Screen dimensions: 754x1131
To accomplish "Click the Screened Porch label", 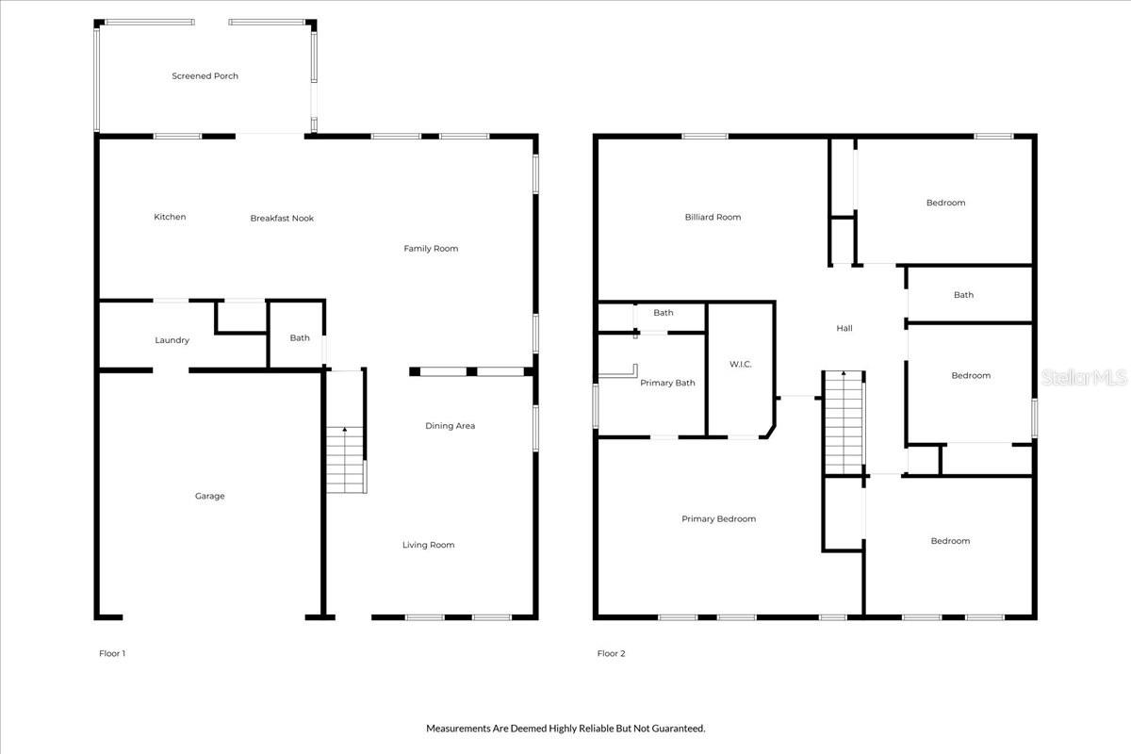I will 205,76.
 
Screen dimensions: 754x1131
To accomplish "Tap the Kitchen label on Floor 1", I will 170,217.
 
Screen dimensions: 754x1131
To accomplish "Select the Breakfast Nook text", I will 282,219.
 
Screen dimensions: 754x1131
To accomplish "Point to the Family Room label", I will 431,249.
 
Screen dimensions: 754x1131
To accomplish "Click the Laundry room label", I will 172,340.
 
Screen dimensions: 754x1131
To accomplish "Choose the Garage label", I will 209,497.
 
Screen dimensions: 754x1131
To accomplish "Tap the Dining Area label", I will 450,426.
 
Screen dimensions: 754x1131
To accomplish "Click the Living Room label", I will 429,545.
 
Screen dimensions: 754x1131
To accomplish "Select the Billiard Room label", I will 713,218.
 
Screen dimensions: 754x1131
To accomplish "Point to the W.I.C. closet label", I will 740,364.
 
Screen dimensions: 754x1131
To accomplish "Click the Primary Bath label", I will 667,383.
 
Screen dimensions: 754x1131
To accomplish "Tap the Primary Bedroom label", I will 718,519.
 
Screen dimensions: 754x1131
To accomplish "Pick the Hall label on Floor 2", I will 844,328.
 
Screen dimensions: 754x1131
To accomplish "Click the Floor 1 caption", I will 112,653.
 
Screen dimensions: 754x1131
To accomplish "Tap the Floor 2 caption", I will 611,653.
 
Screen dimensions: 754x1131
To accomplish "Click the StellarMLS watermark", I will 1085,378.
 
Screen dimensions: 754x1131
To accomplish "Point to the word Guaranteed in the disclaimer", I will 676,729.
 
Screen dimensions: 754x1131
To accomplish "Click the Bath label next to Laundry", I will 300,338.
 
